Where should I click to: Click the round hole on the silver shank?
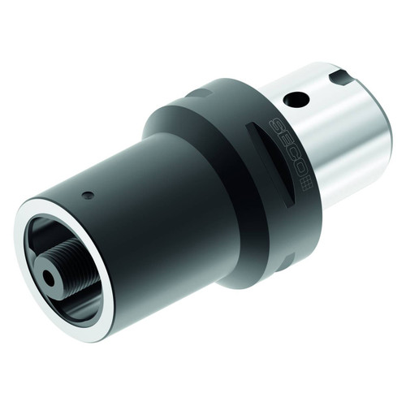coord(298,99)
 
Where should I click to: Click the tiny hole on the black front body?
coord(90,195)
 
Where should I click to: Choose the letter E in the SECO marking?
coord(286,143)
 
